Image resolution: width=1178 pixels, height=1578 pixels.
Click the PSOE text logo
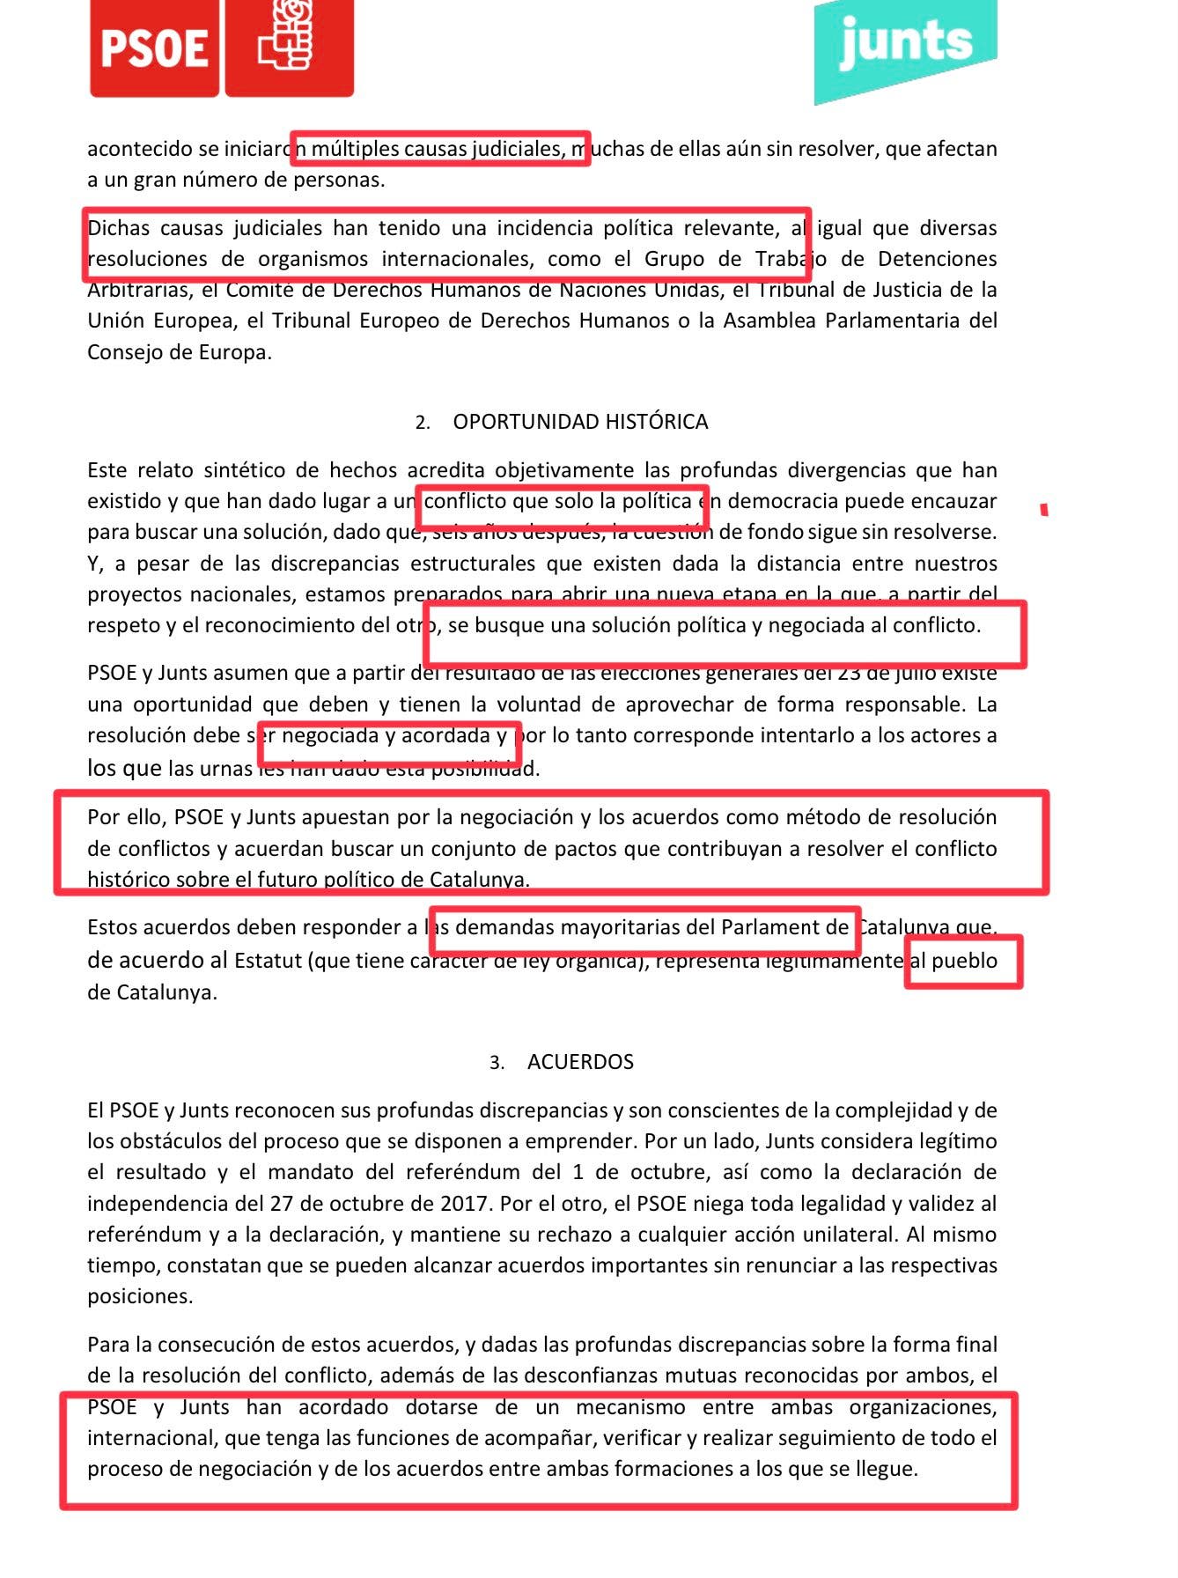point(154,48)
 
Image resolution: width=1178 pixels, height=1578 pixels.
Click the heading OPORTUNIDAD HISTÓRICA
point(580,422)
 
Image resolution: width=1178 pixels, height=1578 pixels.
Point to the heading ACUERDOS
point(580,1062)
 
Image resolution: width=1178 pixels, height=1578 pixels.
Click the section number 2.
point(422,423)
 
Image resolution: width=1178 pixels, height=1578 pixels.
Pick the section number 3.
point(497,1063)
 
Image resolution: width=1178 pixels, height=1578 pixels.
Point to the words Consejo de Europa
point(179,352)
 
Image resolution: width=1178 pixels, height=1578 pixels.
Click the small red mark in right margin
point(1044,510)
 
